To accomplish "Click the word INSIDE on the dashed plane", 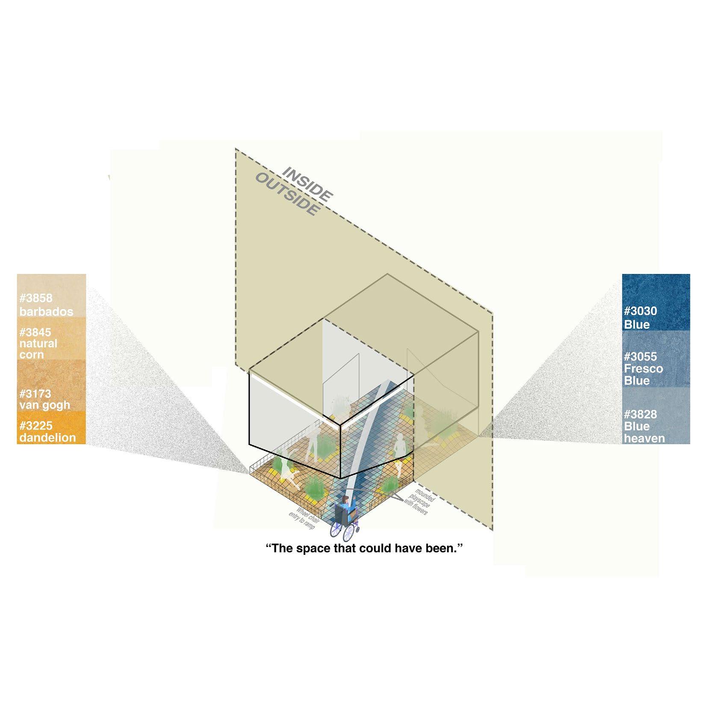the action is point(307,184).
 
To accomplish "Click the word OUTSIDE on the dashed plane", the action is point(287,194).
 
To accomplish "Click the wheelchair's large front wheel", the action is point(349,533).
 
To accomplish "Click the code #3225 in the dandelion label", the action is point(36,426).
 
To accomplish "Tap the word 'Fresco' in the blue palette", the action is point(643,368).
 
